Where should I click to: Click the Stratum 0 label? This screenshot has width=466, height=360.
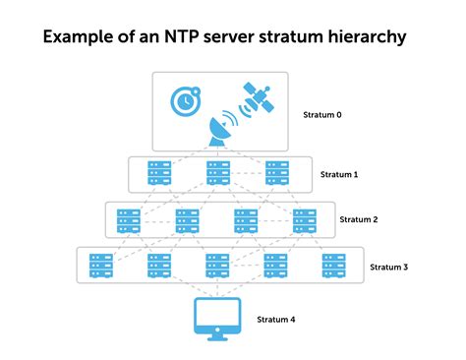323,115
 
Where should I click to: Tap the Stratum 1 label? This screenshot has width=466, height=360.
340,174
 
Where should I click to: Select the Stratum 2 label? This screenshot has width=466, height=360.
359,220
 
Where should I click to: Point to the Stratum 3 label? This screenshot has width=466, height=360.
389,266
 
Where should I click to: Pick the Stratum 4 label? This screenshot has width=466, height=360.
276,320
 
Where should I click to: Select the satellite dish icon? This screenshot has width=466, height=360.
217,133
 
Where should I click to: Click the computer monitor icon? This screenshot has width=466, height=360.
217,317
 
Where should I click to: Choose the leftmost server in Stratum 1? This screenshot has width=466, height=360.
159,174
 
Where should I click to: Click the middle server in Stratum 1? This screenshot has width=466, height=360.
217,174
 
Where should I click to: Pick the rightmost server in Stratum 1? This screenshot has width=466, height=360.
277,174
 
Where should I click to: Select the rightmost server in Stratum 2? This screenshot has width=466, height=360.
306,220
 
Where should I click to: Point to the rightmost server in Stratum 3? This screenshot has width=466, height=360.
334,266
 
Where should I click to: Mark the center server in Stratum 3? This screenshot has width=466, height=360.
217,266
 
